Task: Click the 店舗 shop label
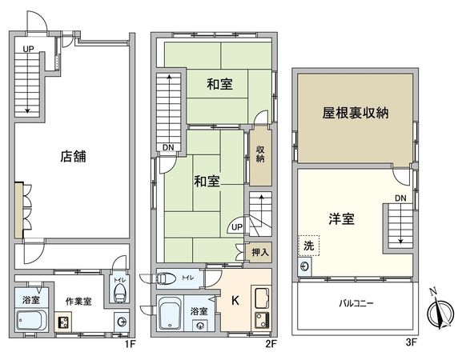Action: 73,157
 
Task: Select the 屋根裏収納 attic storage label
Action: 355,113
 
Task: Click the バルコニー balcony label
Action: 355,304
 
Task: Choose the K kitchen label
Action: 235,302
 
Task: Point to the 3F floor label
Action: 412,344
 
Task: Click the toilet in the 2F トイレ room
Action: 166,279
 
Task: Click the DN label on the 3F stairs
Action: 400,198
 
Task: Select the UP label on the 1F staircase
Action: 28,49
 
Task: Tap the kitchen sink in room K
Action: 262,300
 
